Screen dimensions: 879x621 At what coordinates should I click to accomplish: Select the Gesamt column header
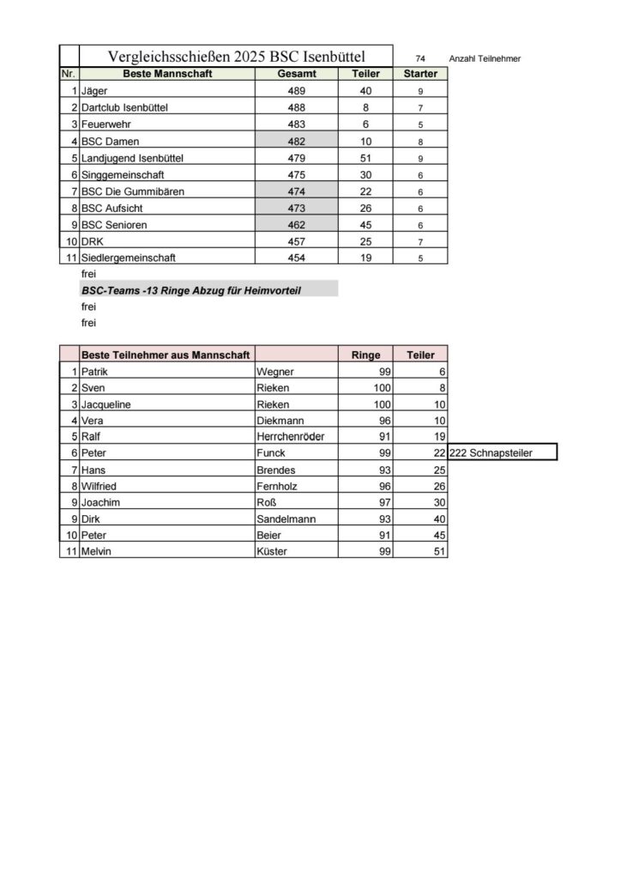pos(298,74)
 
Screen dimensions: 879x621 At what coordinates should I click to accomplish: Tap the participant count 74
pos(420,58)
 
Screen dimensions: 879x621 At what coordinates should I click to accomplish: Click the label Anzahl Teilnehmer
pos(485,58)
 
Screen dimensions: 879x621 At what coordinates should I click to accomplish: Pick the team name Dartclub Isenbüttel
pos(125,107)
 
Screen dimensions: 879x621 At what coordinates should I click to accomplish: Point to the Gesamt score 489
pos(298,90)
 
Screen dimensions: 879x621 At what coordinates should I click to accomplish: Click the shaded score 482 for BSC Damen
pos(298,141)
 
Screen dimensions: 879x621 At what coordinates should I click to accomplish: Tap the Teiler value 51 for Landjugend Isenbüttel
pos(366,157)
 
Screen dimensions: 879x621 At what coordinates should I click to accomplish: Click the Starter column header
pos(420,74)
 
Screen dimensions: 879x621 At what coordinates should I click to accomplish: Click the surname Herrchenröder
pos(291,436)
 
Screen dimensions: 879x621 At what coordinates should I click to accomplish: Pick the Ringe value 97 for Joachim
pos(383,502)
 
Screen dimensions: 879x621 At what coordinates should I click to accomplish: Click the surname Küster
pos(274,551)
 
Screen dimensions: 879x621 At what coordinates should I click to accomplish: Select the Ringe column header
pos(366,355)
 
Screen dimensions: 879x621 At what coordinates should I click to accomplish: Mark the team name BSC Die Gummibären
pos(133,191)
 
